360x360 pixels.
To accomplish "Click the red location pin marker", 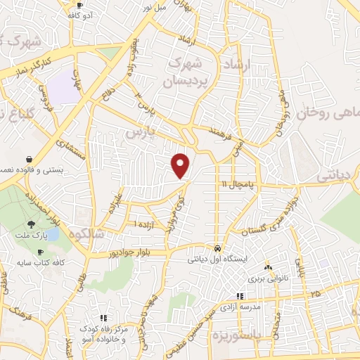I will coord(181,165).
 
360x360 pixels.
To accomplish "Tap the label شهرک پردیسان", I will coord(189,73).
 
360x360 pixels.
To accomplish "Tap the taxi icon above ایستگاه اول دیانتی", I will coord(218,249).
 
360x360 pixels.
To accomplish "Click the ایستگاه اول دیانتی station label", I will coord(217,259).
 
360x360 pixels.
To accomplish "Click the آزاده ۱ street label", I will coord(146,222).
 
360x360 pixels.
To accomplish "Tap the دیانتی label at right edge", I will coord(341,176).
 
